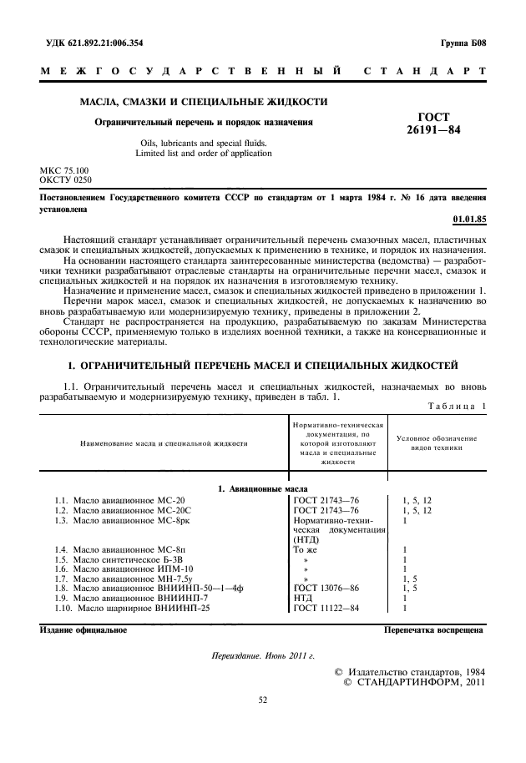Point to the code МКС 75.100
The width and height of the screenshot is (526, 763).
click(x=64, y=170)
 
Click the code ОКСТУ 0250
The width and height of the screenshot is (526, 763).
click(x=66, y=179)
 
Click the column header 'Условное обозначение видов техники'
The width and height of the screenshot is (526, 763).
click(x=435, y=442)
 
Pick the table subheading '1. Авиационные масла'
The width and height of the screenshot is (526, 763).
click(x=262, y=488)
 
